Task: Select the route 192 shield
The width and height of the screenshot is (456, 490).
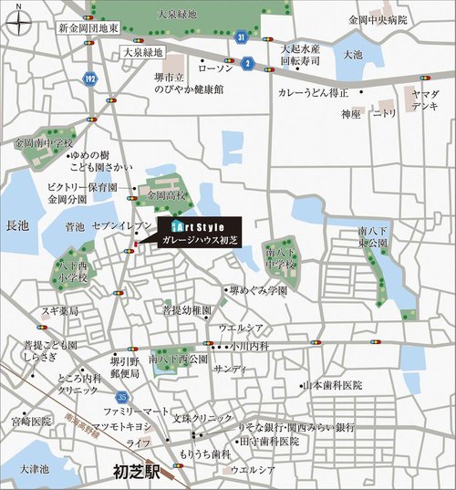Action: tap(88, 78)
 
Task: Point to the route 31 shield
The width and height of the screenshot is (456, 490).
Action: tap(240, 37)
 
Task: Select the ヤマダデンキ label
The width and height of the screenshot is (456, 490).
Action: tap(426, 100)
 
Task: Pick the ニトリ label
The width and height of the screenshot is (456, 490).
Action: tap(384, 114)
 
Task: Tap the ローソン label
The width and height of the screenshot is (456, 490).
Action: tap(215, 68)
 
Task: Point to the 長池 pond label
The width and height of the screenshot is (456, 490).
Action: tap(17, 224)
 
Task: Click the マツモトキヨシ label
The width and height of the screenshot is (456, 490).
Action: tap(124, 427)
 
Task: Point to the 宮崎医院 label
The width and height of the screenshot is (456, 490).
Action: tap(31, 422)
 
